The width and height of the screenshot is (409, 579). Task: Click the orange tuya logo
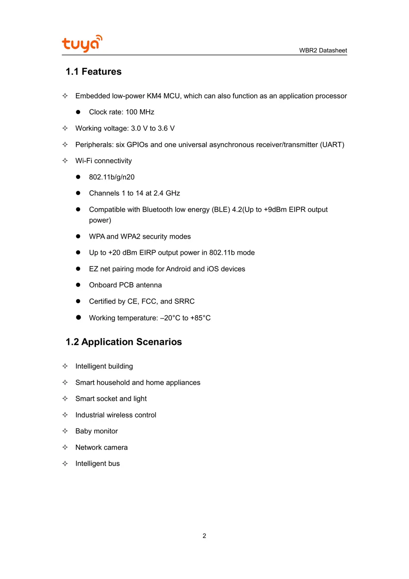[82, 43]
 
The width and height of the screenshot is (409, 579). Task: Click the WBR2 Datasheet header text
[323, 50]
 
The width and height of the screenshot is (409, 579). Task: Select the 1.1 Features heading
[93, 72]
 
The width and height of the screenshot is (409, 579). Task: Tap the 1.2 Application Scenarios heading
[124, 342]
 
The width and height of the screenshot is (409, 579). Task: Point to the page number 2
[204, 536]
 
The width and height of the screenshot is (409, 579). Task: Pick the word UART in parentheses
[332, 145]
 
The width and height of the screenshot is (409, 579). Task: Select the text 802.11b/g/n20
[112, 177]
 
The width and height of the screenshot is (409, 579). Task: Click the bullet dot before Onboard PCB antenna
[78, 285]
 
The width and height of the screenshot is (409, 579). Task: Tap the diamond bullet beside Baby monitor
[65, 431]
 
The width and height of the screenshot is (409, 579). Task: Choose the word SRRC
[184, 301]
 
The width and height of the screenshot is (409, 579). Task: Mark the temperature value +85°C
[200, 318]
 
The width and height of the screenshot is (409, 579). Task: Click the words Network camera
[101, 447]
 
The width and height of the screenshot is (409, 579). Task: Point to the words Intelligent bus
[97, 464]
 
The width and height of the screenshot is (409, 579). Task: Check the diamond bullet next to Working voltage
[65, 128]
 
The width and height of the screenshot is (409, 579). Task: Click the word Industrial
[90, 415]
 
